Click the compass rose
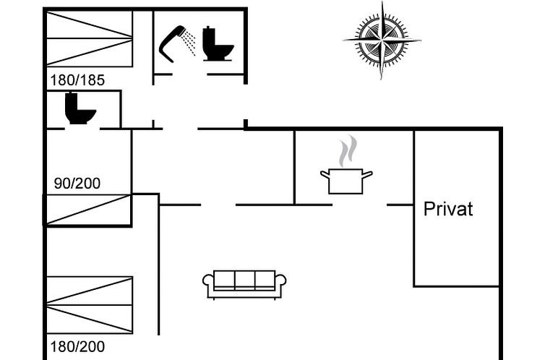[382, 40]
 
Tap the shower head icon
[173, 43]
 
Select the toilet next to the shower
[218, 44]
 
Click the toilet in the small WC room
[80, 108]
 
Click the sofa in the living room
[244, 285]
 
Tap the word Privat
[448, 209]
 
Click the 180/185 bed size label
[77, 80]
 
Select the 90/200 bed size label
[77, 183]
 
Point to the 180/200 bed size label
[77, 346]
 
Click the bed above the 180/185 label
[90, 38]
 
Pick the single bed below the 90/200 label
[88, 210]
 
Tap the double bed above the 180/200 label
[90, 305]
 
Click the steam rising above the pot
[348, 151]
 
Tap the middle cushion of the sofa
[245, 280]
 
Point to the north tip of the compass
[382, 1]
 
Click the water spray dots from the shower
[190, 43]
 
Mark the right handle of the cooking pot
[367, 174]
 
